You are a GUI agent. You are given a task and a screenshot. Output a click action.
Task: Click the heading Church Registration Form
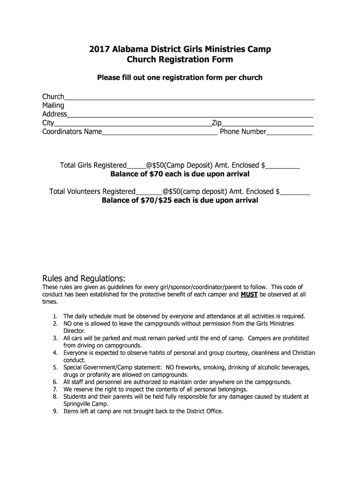click(180, 60)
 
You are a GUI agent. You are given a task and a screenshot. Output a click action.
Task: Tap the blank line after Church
click(189, 97)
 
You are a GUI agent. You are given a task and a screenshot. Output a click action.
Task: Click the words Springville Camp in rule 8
click(86, 404)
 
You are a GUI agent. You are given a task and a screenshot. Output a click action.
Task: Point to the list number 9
click(55, 411)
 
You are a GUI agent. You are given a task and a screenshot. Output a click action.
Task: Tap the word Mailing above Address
click(53, 106)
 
